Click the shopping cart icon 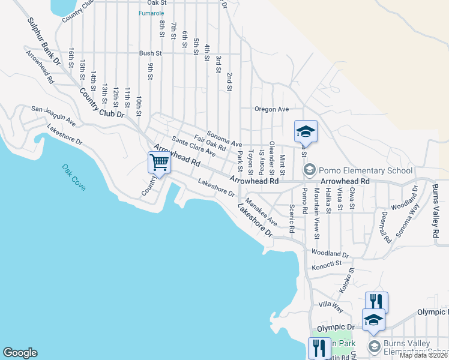[159, 161]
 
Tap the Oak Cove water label [74, 178]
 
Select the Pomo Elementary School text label [357, 170]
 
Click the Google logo [20, 353]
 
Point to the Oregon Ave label [271, 109]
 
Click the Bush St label [147, 53]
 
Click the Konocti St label [327, 263]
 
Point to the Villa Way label [331, 306]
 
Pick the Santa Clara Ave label [193, 146]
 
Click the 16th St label [71, 58]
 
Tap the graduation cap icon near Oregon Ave [306, 130]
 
